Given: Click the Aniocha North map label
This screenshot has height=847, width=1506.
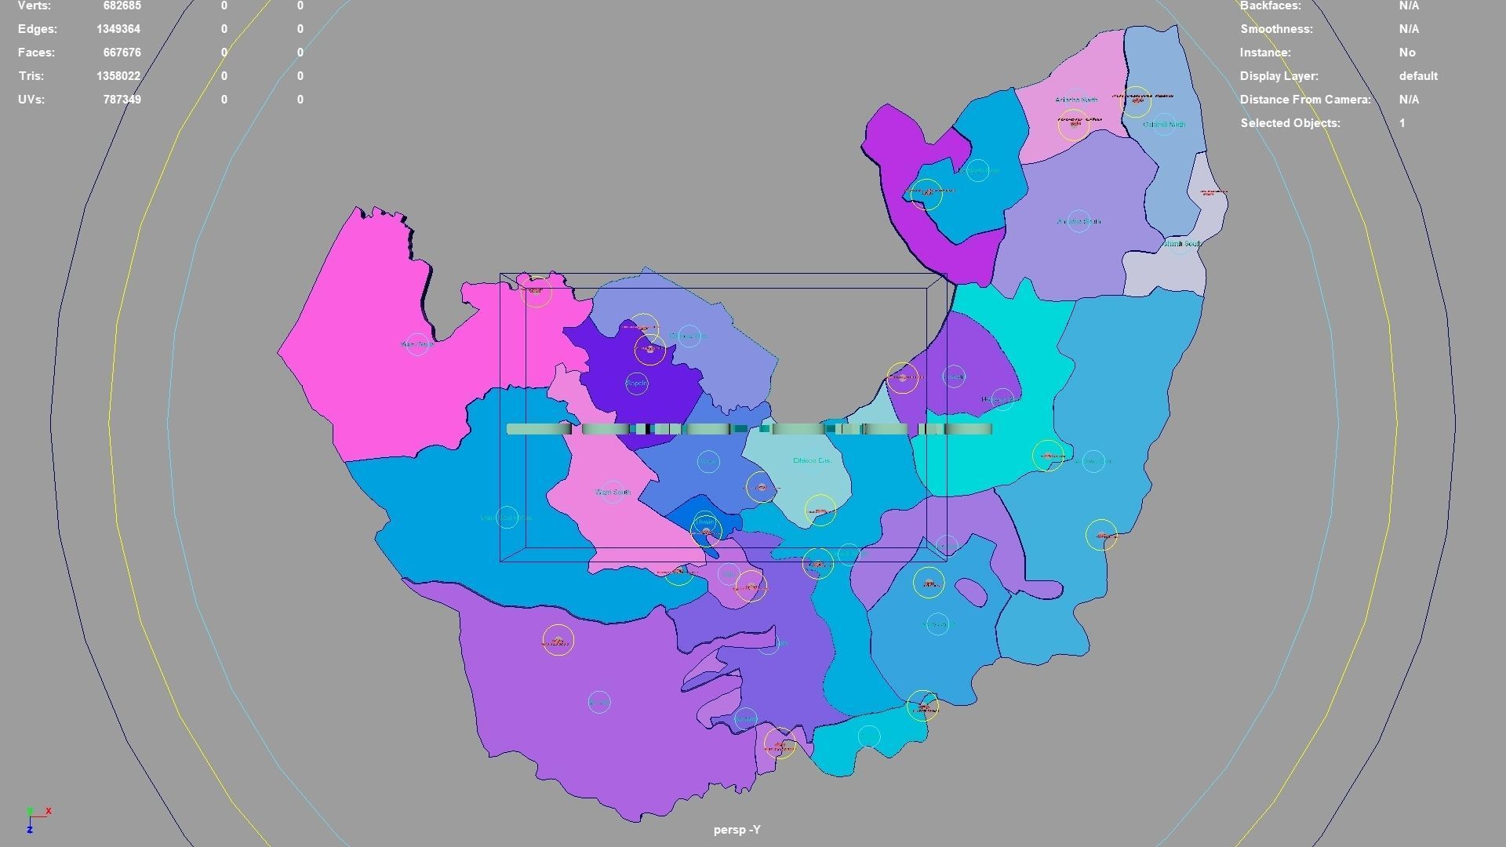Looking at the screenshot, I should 1076,100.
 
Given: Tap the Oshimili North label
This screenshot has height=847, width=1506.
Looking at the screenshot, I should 1164,125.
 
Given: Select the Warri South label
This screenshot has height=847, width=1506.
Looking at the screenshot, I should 613,493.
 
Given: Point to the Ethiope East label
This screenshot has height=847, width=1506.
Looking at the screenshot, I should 812,460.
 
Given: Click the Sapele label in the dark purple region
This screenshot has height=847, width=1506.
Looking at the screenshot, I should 637,384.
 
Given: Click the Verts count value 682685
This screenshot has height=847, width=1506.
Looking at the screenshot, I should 122,6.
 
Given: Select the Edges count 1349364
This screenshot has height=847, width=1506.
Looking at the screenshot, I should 118,29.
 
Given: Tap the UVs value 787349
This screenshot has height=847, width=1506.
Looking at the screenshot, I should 122,100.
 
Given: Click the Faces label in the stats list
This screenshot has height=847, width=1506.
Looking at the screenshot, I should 36,53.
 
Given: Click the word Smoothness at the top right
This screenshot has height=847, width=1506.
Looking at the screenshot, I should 1275,29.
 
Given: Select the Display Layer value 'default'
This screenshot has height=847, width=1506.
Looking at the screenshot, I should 1417,76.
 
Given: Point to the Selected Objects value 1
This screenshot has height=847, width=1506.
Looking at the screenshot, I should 1402,123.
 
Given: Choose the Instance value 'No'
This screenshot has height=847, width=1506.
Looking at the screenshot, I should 1407,53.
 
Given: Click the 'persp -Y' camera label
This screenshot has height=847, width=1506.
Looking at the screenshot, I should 737,830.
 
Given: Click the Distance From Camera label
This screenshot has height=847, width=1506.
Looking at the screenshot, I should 1304,100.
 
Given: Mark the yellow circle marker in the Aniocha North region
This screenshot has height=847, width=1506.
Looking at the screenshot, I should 1074,124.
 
